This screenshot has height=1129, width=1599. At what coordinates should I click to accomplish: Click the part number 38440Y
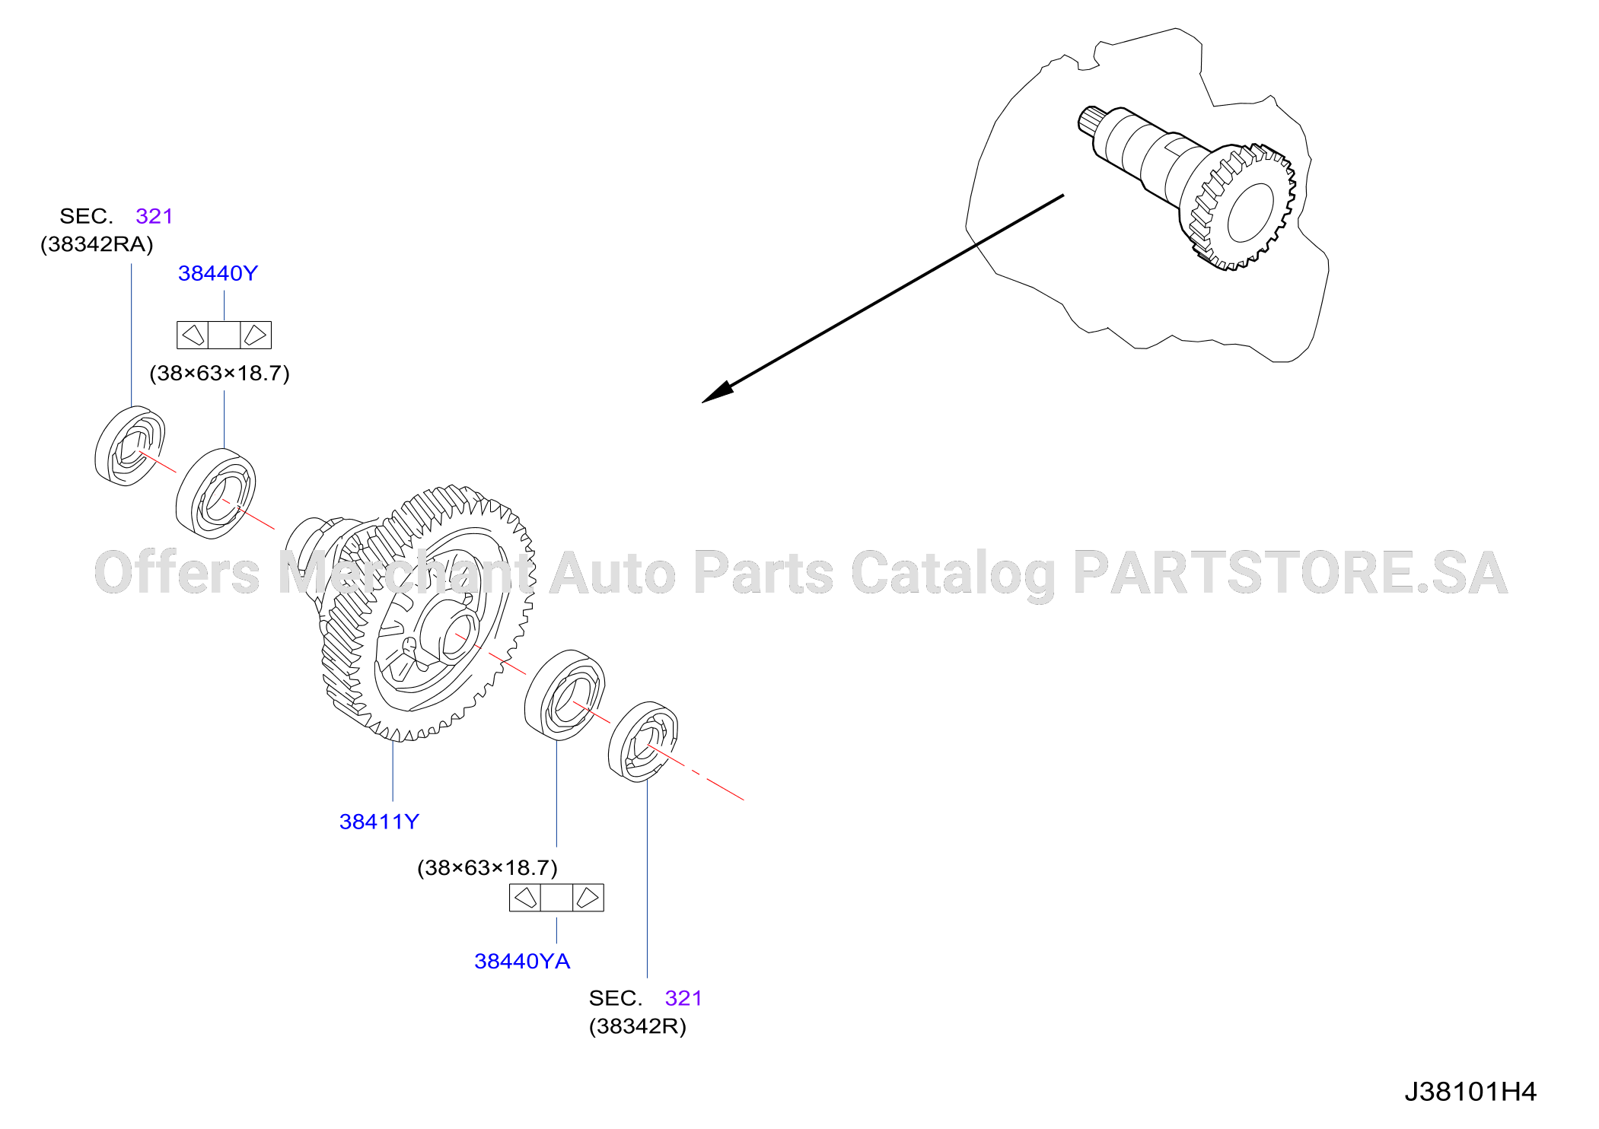(x=218, y=273)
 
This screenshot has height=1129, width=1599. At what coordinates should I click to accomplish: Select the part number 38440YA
(x=522, y=961)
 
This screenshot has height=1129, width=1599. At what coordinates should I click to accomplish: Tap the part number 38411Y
(x=379, y=822)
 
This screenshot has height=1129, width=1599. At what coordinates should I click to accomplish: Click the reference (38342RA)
(x=97, y=244)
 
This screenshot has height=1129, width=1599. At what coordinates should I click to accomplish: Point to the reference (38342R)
(x=638, y=1026)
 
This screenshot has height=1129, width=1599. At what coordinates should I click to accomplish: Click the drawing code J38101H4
(x=1470, y=1092)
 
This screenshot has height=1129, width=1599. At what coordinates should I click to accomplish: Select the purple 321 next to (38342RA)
(x=154, y=216)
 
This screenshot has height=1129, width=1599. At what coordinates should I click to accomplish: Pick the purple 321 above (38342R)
(x=683, y=998)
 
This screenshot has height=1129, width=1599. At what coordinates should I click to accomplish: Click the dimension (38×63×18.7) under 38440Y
(x=220, y=374)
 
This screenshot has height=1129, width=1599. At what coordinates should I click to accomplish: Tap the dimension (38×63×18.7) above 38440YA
(x=488, y=868)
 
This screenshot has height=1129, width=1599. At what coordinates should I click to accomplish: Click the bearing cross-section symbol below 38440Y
(x=224, y=335)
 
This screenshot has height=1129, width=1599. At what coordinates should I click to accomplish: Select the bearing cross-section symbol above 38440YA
(x=556, y=898)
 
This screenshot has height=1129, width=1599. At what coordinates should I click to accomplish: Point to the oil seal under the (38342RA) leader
(x=129, y=446)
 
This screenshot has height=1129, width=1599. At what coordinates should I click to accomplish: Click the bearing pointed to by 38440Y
(x=215, y=494)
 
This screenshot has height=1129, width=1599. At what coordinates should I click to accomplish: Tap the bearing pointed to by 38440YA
(x=565, y=695)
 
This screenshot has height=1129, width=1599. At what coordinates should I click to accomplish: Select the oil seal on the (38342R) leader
(x=643, y=742)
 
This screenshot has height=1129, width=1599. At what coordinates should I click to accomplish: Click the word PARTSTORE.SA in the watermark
(x=1290, y=573)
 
